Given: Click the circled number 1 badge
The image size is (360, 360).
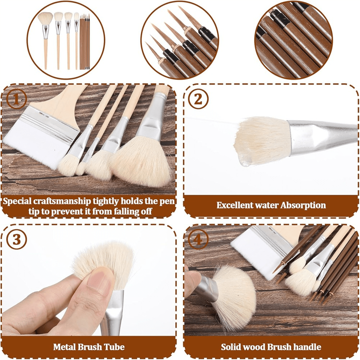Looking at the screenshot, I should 17,100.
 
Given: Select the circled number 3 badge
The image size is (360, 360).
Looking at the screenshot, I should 16,240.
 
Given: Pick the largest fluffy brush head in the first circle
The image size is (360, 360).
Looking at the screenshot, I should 45,19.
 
